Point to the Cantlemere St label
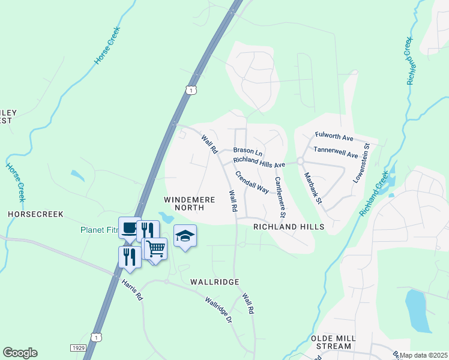click(x=280, y=197)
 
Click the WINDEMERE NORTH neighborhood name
click(x=184, y=202)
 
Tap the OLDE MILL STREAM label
click(x=331, y=342)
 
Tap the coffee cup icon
click(x=129, y=227)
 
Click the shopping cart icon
click(x=155, y=247)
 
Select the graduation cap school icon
click(x=185, y=236)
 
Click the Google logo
click(x=20, y=353)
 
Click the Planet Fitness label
click(x=99, y=230)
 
